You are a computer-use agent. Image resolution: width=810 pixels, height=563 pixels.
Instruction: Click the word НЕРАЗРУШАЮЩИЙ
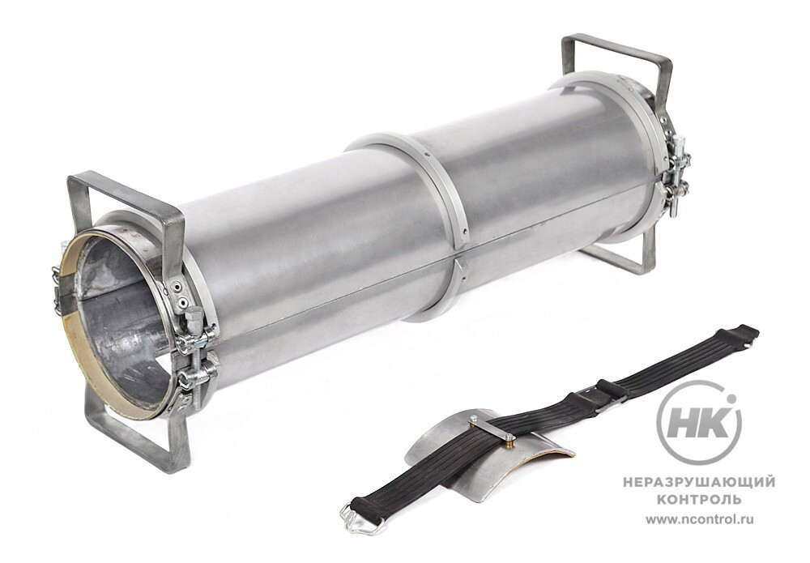[x=699, y=483]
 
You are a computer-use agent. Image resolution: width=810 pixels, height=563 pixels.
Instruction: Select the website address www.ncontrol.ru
[x=700, y=519]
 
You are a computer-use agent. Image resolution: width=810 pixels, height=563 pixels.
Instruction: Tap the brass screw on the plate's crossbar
[x=509, y=439]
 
